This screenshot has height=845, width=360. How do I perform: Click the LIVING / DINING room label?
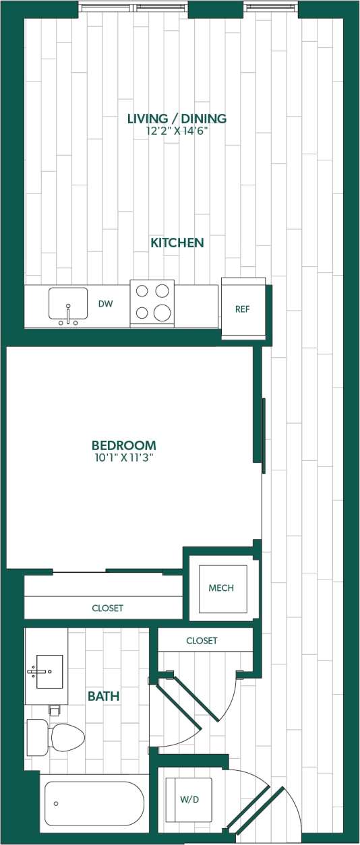177,119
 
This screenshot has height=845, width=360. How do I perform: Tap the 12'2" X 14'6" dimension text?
177,131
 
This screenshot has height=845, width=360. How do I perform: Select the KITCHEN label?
177,243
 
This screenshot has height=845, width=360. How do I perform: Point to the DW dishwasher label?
105,304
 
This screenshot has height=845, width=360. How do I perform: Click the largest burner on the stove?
162,313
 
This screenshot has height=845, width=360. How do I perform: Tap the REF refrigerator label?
243,309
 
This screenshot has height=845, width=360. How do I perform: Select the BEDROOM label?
123,445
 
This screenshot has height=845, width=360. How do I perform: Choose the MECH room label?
221,588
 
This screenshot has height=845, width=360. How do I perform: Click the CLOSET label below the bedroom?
108,608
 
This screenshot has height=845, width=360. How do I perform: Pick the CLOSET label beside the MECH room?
202,641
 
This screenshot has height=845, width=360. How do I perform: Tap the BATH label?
103,696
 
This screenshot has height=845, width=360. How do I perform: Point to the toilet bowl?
67,737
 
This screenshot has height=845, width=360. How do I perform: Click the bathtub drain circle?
56,803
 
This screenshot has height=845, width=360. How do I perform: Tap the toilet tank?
36,737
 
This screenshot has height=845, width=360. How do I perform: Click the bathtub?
94,804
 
